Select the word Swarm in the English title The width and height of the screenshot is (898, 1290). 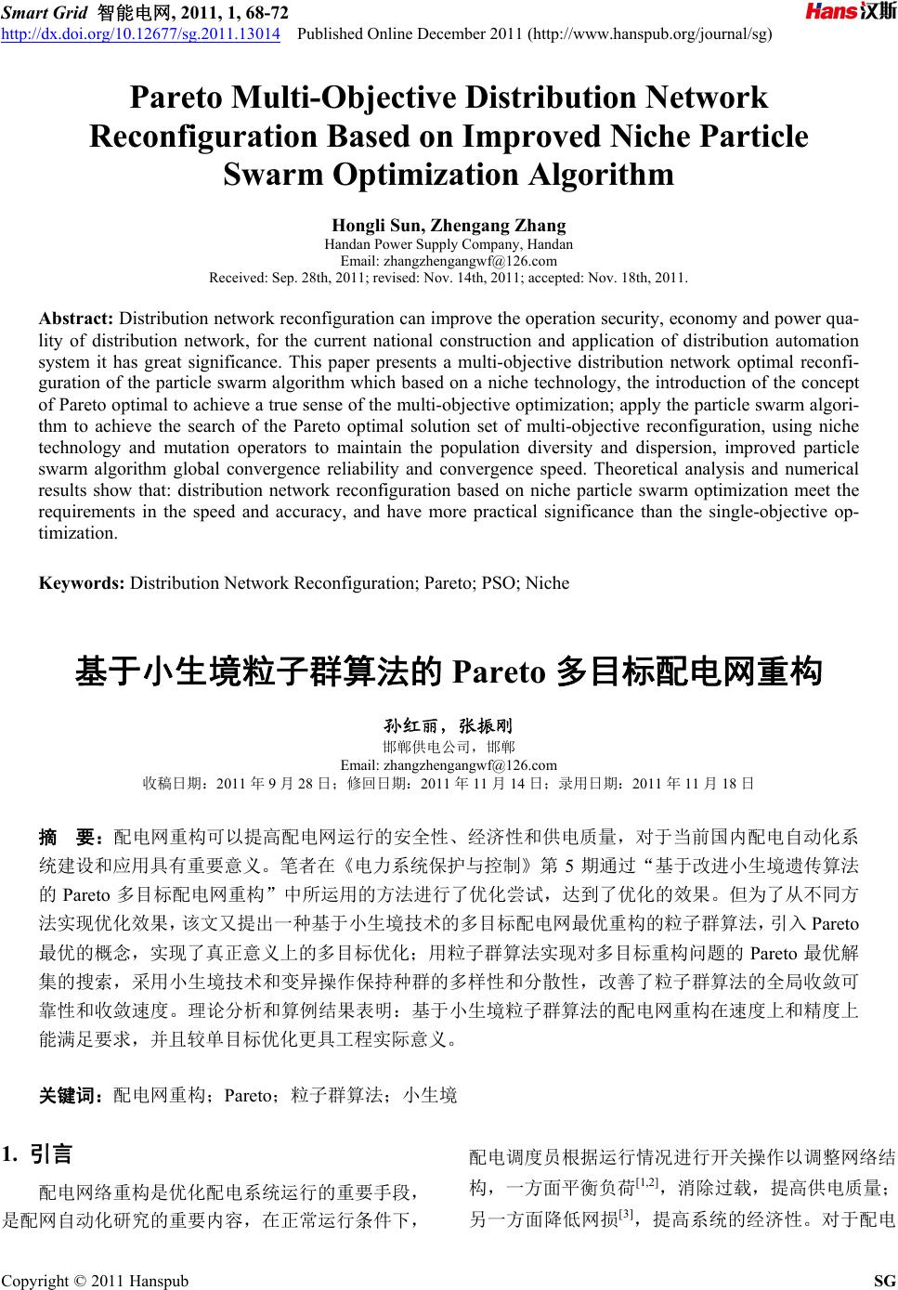(x=268, y=175)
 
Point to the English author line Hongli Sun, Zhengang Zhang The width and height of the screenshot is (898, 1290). (x=449, y=226)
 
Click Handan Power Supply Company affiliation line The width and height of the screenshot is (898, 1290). (x=449, y=245)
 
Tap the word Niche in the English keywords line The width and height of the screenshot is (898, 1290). (x=547, y=583)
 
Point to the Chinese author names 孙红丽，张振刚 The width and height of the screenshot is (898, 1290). (x=449, y=725)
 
